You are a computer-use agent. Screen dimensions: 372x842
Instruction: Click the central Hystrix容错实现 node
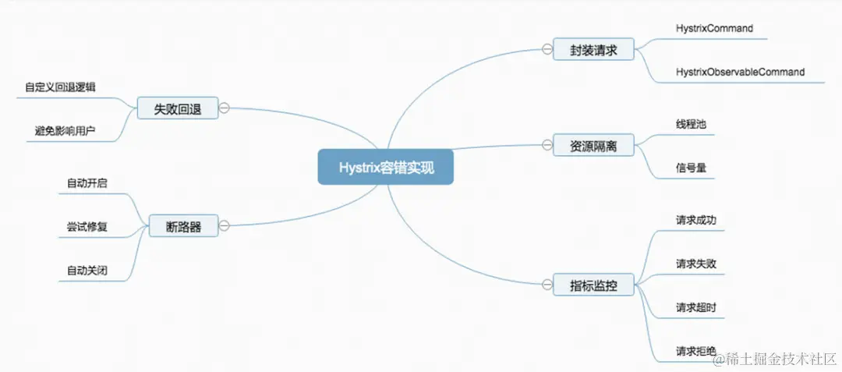(385, 167)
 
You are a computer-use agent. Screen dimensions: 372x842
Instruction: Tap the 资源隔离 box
(593, 144)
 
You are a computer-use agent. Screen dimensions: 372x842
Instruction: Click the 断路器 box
(184, 227)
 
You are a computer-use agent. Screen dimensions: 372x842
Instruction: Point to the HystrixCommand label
(714, 29)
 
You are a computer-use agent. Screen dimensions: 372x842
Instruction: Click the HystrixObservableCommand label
(740, 73)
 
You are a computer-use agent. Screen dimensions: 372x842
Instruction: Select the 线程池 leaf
(692, 124)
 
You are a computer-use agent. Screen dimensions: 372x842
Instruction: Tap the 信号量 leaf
(692, 167)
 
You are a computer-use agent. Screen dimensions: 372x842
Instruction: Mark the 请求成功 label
(696, 220)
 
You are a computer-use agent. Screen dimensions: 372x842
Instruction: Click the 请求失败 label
(696, 264)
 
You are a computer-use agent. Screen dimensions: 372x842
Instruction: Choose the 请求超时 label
(696, 308)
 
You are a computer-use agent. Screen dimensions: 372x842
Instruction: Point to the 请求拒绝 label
(696, 352)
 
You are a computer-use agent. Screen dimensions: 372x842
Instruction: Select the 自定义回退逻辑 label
(60, 87)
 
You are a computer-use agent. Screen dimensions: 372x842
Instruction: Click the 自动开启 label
(87, 183)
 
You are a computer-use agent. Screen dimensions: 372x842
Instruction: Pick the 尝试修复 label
(87, 227)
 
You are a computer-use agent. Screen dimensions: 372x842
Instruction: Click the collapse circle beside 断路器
(225, 227)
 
